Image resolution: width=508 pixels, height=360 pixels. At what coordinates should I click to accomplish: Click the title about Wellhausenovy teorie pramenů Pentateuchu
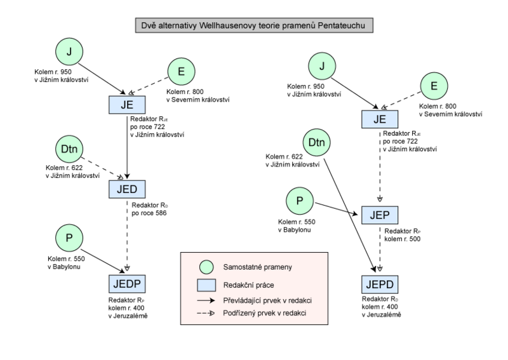pyautogui.click(x=254, y=26)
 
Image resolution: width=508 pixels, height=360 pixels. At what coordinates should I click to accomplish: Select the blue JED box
pyautogui.click(x=127, y=189)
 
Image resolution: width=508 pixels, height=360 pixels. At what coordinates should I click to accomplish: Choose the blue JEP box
pyautogui.click(x=380, y=215)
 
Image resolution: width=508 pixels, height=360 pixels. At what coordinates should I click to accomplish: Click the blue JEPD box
pyautogui.click(x=380, y=284)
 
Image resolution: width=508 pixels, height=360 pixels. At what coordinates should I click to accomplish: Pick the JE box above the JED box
pyautogui.click(x=127, y=105)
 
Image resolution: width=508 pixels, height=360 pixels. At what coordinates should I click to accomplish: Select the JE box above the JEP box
pyautogui.click(x=380, y=119)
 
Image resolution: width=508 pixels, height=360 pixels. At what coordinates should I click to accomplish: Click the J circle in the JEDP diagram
pyautogui.click(x=69, y=51)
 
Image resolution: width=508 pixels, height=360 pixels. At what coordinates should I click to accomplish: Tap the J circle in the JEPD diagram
pyautogui.click(x=322, y=65)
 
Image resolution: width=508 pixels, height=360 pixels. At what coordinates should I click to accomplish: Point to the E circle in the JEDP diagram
pyautogui.click(x=181, y=72)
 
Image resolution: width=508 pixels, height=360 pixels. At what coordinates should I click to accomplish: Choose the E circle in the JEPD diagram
pyautogui.click(x=434, y=86)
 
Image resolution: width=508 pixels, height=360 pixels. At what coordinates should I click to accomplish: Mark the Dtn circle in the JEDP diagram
pyautogui.click(x=69, y=149)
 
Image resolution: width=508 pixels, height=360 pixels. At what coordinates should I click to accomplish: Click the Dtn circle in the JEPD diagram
pyautogui.click(x=316, y=143)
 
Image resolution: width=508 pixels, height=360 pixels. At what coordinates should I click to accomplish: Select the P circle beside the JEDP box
pyautogui.click(x=69, y=238)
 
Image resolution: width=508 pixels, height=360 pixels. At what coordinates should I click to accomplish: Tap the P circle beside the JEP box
pyautogui.click(x=300, y=201)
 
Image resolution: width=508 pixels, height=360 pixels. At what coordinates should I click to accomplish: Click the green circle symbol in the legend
pyautogui.click(x=206, y=267)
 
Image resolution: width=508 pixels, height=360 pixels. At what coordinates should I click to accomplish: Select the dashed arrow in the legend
pyautogui.click(x=206, y=314)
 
